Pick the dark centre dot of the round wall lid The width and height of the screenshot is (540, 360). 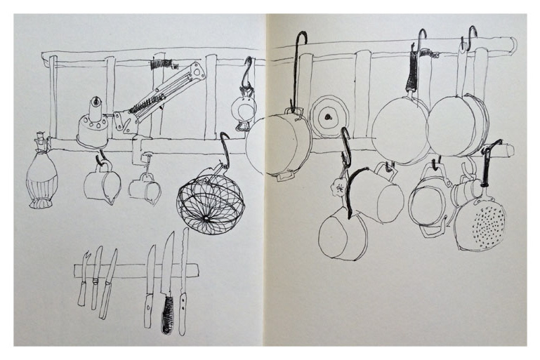(x=328, y=116)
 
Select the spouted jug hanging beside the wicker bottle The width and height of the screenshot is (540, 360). (x=101, y=185)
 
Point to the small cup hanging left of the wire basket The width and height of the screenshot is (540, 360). (x=145, y=188)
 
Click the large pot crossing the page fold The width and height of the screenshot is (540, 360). (x=279, y=144)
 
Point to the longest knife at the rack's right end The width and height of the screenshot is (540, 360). (x=184, y=281)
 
